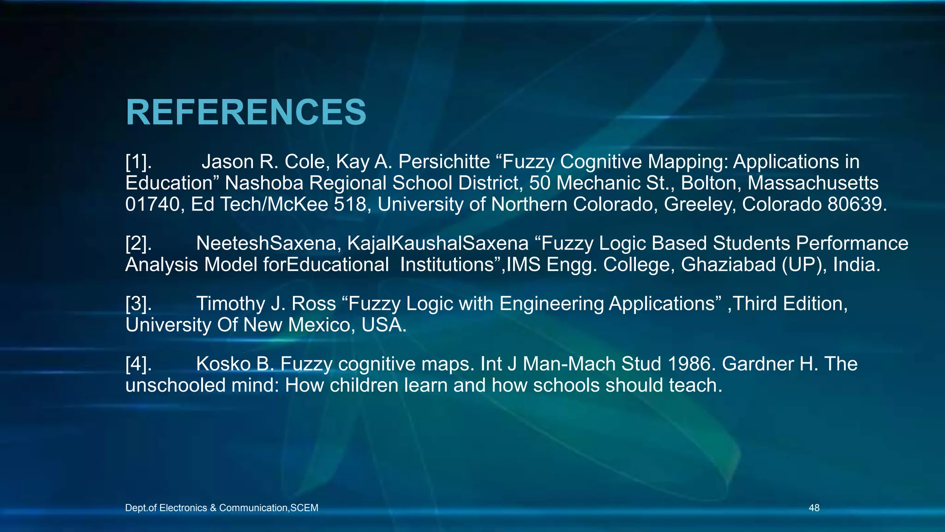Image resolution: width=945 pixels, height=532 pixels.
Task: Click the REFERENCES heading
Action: [x=246, y=112]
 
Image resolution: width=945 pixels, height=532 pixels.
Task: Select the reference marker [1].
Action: [x=138, y=162]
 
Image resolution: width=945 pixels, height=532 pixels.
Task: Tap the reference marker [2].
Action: [x=138, y=243]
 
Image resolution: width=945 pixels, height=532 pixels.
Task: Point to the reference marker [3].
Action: [x=138, y=304]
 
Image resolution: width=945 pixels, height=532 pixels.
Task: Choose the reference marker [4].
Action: [x=138, y=364]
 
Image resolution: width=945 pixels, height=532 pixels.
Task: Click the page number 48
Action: [x=814, y=508]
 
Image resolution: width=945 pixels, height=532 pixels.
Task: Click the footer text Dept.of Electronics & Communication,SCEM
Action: [x=221, y=508]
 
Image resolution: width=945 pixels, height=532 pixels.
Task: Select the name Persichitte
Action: [x=444, y=162]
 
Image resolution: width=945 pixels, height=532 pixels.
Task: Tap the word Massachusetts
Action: [x=813, y=183]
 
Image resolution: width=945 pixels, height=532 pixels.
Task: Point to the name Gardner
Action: [x=758, y=364]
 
